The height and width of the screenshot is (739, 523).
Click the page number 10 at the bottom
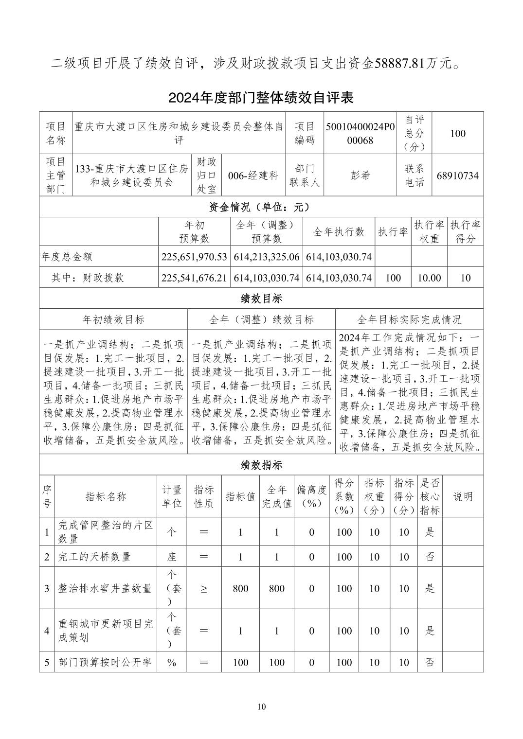click(x=262, y=706)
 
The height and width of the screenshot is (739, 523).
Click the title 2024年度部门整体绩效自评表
click(x=261, y=98)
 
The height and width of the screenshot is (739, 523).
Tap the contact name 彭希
click(x=360, y=176)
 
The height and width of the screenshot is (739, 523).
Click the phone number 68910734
click(x=457, y=176)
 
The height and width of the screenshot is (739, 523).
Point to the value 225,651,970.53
click(x=194, y=257)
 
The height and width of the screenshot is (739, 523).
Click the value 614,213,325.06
click(x=267, y=257)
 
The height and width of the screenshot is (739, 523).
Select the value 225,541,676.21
click(x=194, y=278)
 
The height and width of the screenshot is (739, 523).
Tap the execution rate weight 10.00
click(x=429, y=278)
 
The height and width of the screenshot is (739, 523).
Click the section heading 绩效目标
click(x=261, y=298)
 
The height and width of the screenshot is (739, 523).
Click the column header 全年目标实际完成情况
click(x=409, y=319)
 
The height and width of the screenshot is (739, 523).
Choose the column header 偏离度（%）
click(x=312, y=496)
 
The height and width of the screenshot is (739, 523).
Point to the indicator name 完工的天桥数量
click(x=94, y=557)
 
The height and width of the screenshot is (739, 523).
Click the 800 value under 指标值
click(x=240, y=588)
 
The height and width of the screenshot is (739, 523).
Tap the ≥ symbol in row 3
click(x=204, y=588)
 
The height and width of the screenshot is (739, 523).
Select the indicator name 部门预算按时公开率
click(x=105, y=662)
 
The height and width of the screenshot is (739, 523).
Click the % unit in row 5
click(x=171, y=662)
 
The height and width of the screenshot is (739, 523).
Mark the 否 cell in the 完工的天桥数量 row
click(x=430, y=557)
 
